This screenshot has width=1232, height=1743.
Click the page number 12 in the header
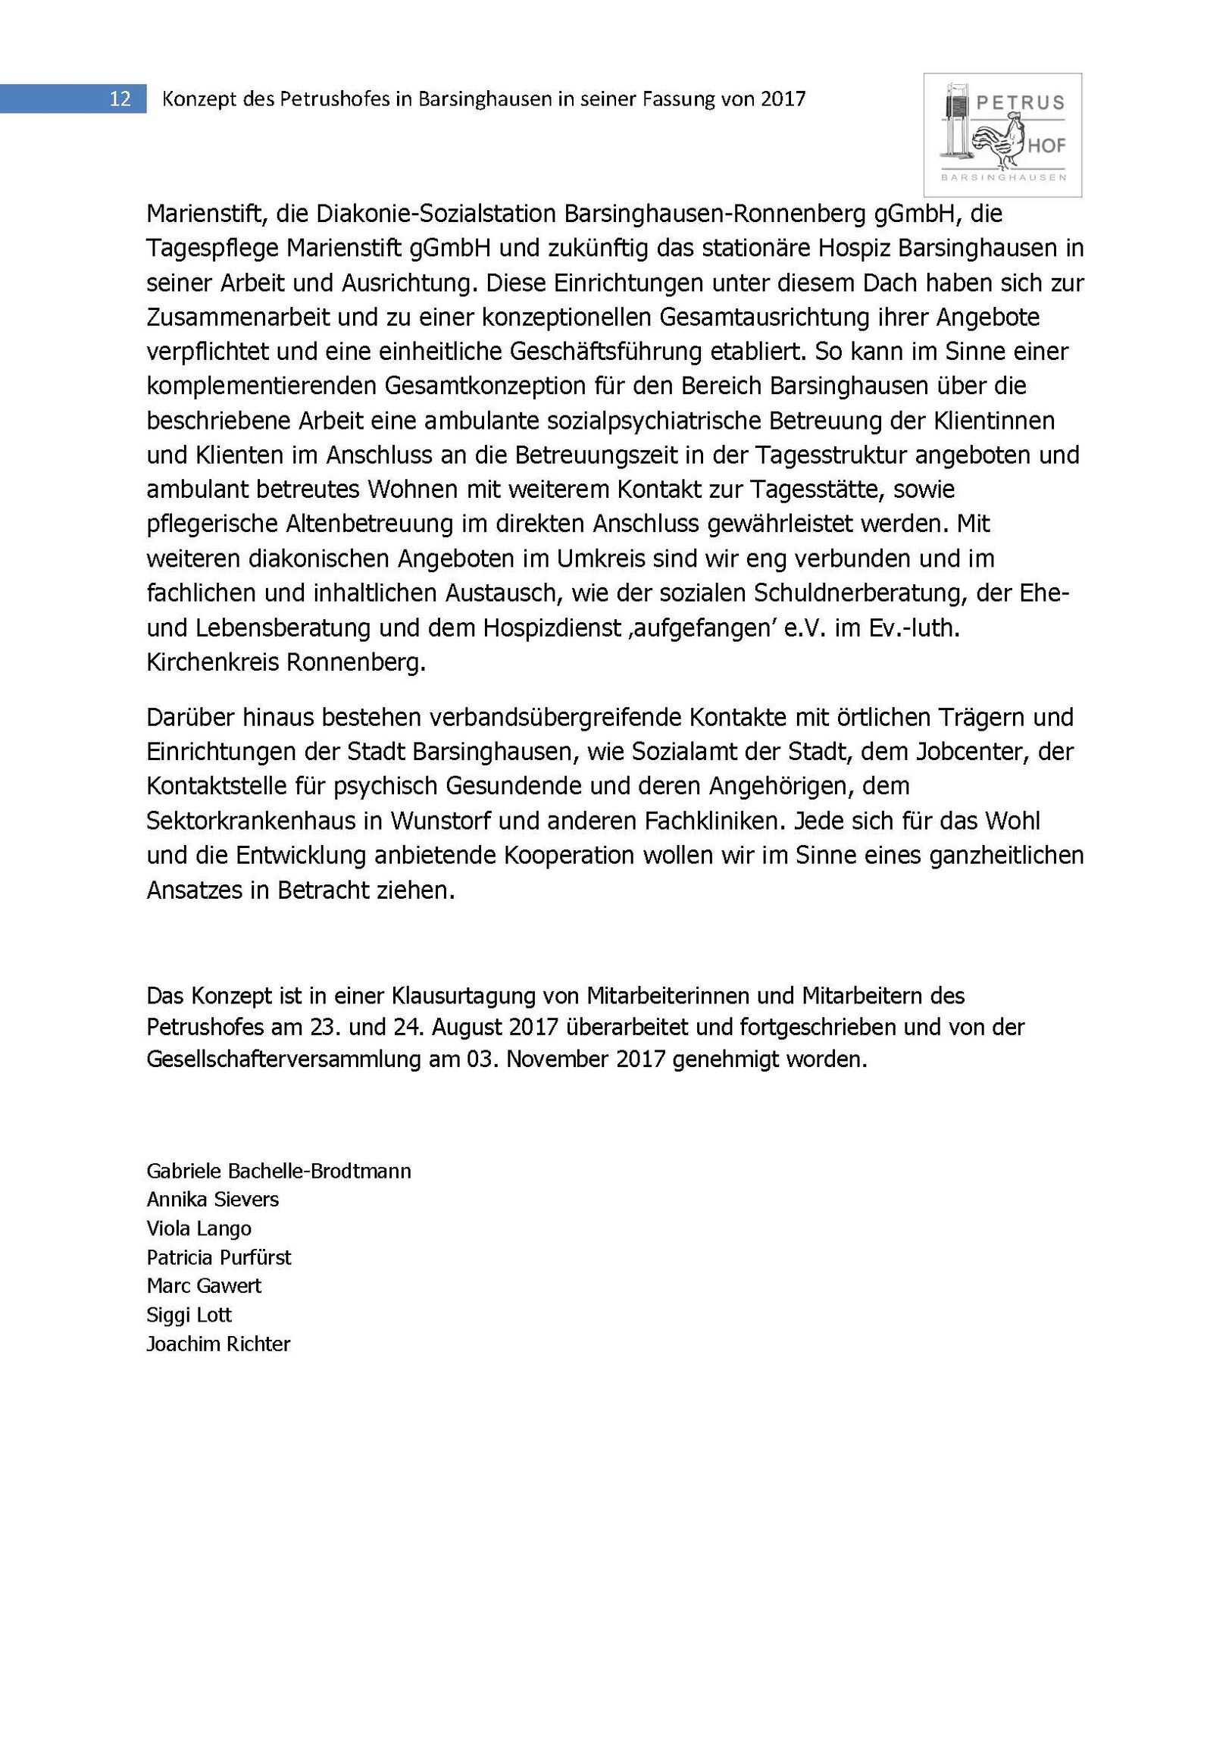point(120,99)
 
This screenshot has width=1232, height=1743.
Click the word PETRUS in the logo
point(1019,102)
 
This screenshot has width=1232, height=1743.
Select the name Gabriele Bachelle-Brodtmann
point(279,1172)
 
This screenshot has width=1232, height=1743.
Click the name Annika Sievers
point(213,1200)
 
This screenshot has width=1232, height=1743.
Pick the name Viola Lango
point(199,1229)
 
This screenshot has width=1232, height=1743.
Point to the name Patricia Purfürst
point(219,1258)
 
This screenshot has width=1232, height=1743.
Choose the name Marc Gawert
point(203,1286)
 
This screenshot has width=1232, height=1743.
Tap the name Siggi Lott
point(189,1315)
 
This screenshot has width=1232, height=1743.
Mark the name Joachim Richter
point(219,1344)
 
